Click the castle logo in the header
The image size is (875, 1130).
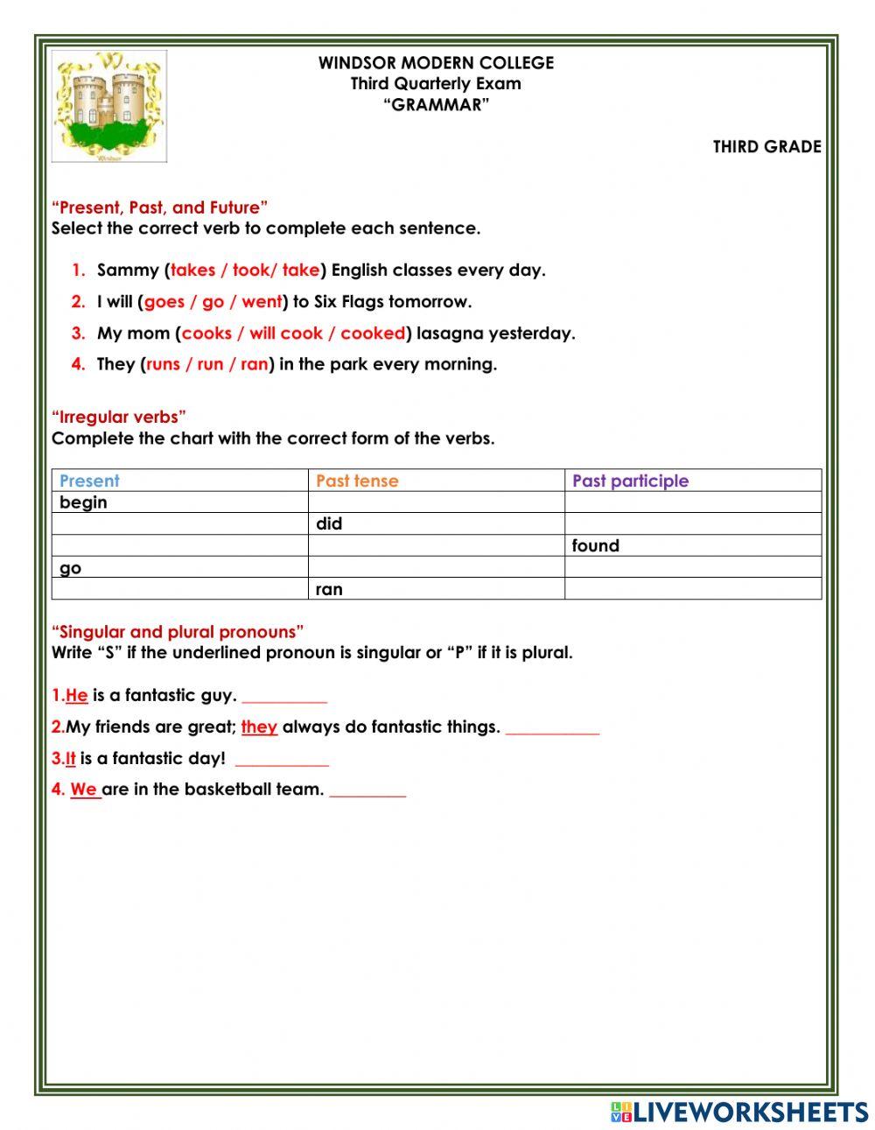(x=108, y=106)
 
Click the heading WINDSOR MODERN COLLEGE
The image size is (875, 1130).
(x=436, y=63)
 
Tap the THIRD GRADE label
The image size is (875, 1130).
(x=766, y=147)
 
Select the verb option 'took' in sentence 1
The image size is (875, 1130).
(x=249, y=270)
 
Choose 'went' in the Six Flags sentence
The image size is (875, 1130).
(x=262, y=302)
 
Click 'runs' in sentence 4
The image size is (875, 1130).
(x=163, y=365)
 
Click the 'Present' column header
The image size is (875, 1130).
(x=89, y=481)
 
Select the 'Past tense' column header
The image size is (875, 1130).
(x=356, y=481)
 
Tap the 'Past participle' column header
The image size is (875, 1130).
(x=630, y=481)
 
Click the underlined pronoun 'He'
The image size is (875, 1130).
(x=77, y=696)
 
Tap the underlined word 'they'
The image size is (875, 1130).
(x=259, y=727)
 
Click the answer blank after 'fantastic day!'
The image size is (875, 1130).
(x=282, y=760)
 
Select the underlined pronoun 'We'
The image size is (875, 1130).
(x=84, y=790)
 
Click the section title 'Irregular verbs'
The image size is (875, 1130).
(x=119, y=418)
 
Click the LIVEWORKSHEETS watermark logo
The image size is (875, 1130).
(x=739, y=1112)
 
